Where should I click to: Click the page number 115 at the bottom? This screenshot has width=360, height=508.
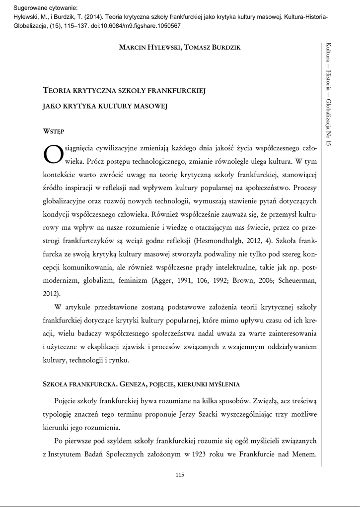coord(180,475)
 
